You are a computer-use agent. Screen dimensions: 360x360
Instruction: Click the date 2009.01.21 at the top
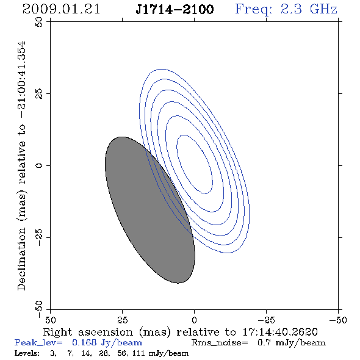pos(61,9)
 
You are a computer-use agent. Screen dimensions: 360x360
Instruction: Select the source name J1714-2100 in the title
pos(175,9)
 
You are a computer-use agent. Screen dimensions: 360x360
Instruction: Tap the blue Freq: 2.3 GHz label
pos(286,9)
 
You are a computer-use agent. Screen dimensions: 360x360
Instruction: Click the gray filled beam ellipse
pos(150,210)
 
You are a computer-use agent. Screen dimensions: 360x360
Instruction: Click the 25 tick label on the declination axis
pos(39,93)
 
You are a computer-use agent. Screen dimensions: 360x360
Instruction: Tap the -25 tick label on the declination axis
pos(39,237)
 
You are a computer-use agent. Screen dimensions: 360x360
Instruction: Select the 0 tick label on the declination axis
pos(39,165)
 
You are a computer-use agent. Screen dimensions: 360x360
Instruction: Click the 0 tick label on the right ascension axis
pos(194,320)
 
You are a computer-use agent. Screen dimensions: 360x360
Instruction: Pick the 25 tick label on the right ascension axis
pos(122,320)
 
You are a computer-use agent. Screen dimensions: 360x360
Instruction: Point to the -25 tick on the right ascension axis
pos(266,320)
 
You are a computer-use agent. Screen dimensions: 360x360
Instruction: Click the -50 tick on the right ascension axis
pos(338,320)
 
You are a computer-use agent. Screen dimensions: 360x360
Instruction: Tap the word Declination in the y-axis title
pos(21,259)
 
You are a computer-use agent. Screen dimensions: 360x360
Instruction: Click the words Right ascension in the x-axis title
pos(88,332)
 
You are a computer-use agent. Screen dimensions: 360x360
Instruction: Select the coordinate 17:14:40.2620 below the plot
pos(280,332)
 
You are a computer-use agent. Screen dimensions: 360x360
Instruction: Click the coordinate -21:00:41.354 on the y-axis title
pos(21,80)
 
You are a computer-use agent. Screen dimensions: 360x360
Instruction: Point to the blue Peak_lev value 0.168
pos(84,342)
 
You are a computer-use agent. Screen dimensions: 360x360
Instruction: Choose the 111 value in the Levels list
pos(139,353)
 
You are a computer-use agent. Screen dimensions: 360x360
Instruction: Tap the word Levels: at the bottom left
pos(27,353)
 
